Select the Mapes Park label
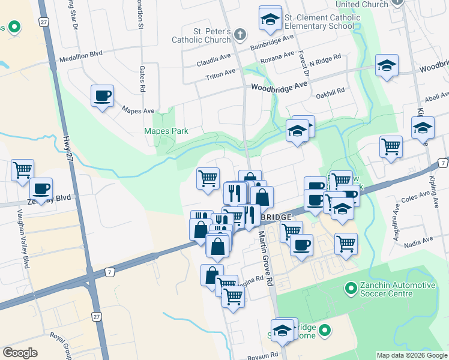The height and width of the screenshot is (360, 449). [x=166, y=131]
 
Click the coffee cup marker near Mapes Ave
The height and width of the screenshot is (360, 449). [x=102, y=95]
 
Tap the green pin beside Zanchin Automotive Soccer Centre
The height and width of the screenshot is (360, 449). [x=351, y=289]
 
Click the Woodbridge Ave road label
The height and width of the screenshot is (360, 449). [x=279, y=87]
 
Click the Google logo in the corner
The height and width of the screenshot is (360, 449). [x=20, y=352]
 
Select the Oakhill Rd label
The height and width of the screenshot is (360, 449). [x=333, y=91]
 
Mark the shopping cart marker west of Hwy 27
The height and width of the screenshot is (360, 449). [x=22, y=170]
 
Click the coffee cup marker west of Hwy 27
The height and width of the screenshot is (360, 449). [x=41, y=188]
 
